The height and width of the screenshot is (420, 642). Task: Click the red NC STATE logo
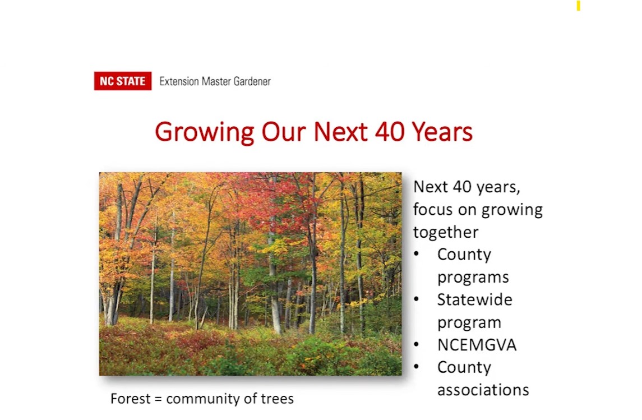point(123,81)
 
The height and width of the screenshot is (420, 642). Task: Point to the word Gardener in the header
point(252,81)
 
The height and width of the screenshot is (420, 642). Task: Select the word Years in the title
point(442,132)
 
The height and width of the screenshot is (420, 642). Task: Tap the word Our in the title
point(283,132)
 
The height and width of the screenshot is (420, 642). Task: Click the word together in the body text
point(445,233)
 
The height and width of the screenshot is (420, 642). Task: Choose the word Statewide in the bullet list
point(474,299)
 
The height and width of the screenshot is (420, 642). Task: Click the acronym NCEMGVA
point(477,345)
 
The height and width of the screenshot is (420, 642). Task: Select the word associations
point(483,390)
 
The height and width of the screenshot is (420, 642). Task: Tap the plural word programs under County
point(473,278)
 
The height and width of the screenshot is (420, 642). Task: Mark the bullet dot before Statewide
point(417,299)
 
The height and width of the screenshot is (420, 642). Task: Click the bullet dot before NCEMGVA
point(417,344)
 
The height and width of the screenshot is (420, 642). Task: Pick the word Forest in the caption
point(130,399)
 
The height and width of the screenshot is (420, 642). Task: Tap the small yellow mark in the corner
point(579,5)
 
